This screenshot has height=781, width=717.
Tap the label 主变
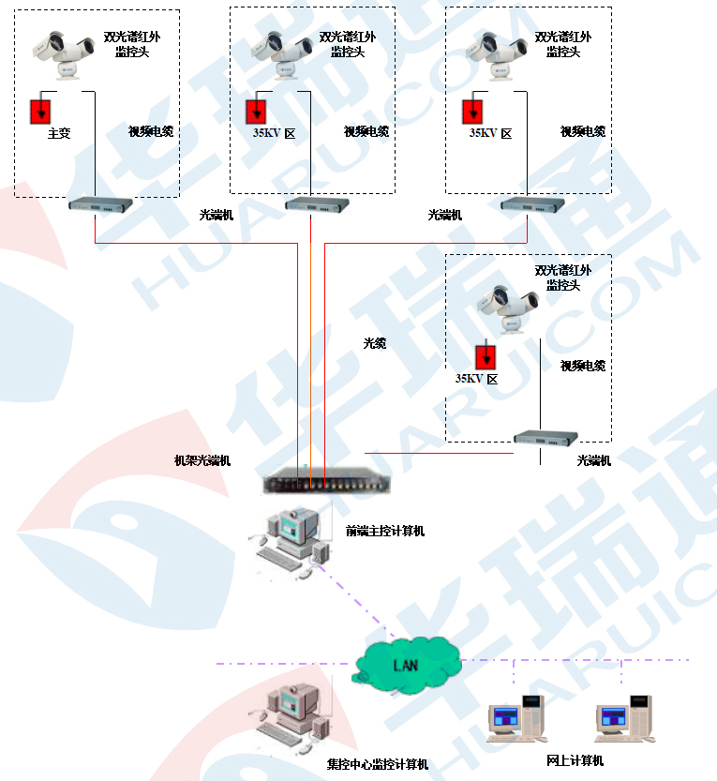(59, 134)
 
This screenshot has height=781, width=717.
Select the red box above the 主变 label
(40, 111)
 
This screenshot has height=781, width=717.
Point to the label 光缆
(375, 344)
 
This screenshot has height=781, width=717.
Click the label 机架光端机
(202, 461)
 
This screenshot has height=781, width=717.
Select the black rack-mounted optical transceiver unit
(328, 483)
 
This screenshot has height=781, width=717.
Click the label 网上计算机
(575, 760)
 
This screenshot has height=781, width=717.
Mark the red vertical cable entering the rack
(324, 356)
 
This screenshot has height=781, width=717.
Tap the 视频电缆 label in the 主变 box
(150, 131)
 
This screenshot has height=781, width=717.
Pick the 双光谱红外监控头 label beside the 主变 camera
(127, 44)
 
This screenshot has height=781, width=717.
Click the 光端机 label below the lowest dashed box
(593, 460)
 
